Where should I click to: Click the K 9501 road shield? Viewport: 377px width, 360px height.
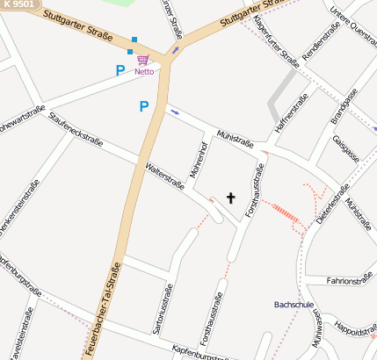(20, 4)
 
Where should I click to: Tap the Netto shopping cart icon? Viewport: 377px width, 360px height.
(142, 60)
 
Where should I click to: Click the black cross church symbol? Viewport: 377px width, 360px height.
(231, 198)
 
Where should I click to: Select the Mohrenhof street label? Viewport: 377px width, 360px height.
(199, 158)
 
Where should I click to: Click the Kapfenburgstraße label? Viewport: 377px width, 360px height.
(202, 352)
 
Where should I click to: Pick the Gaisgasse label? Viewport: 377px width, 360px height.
(346, 149)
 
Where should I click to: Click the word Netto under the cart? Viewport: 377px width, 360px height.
(144, 71)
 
